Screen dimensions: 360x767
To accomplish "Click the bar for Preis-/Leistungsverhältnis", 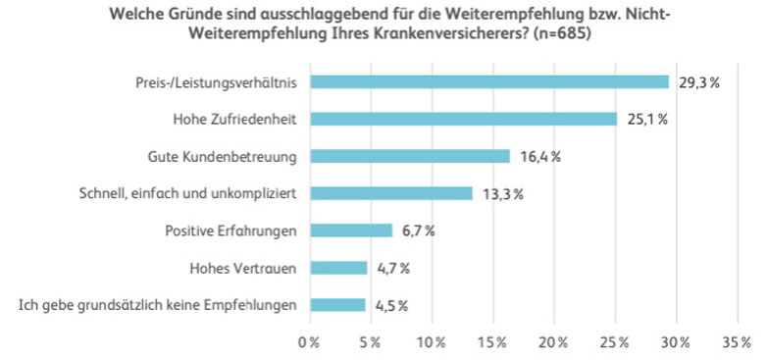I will (x=489, y=82).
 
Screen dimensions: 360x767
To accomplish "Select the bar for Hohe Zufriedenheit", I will (x=464, y=120).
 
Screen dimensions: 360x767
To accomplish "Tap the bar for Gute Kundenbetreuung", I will (x=411, y=156).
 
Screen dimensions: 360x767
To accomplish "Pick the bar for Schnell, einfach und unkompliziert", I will (x=391, y=193).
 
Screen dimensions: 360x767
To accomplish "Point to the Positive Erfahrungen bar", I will (x=351, y=231).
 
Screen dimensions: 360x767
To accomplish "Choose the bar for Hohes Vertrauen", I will (x=339, y=268).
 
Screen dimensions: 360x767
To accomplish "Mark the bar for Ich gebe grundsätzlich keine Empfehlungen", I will (x=338, y=305).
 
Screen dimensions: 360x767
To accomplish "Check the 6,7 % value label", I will (x=417, y=231).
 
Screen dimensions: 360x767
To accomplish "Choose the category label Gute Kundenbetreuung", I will (x=223, y=157).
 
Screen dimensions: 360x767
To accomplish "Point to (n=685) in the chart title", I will (x=554, y=33).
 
